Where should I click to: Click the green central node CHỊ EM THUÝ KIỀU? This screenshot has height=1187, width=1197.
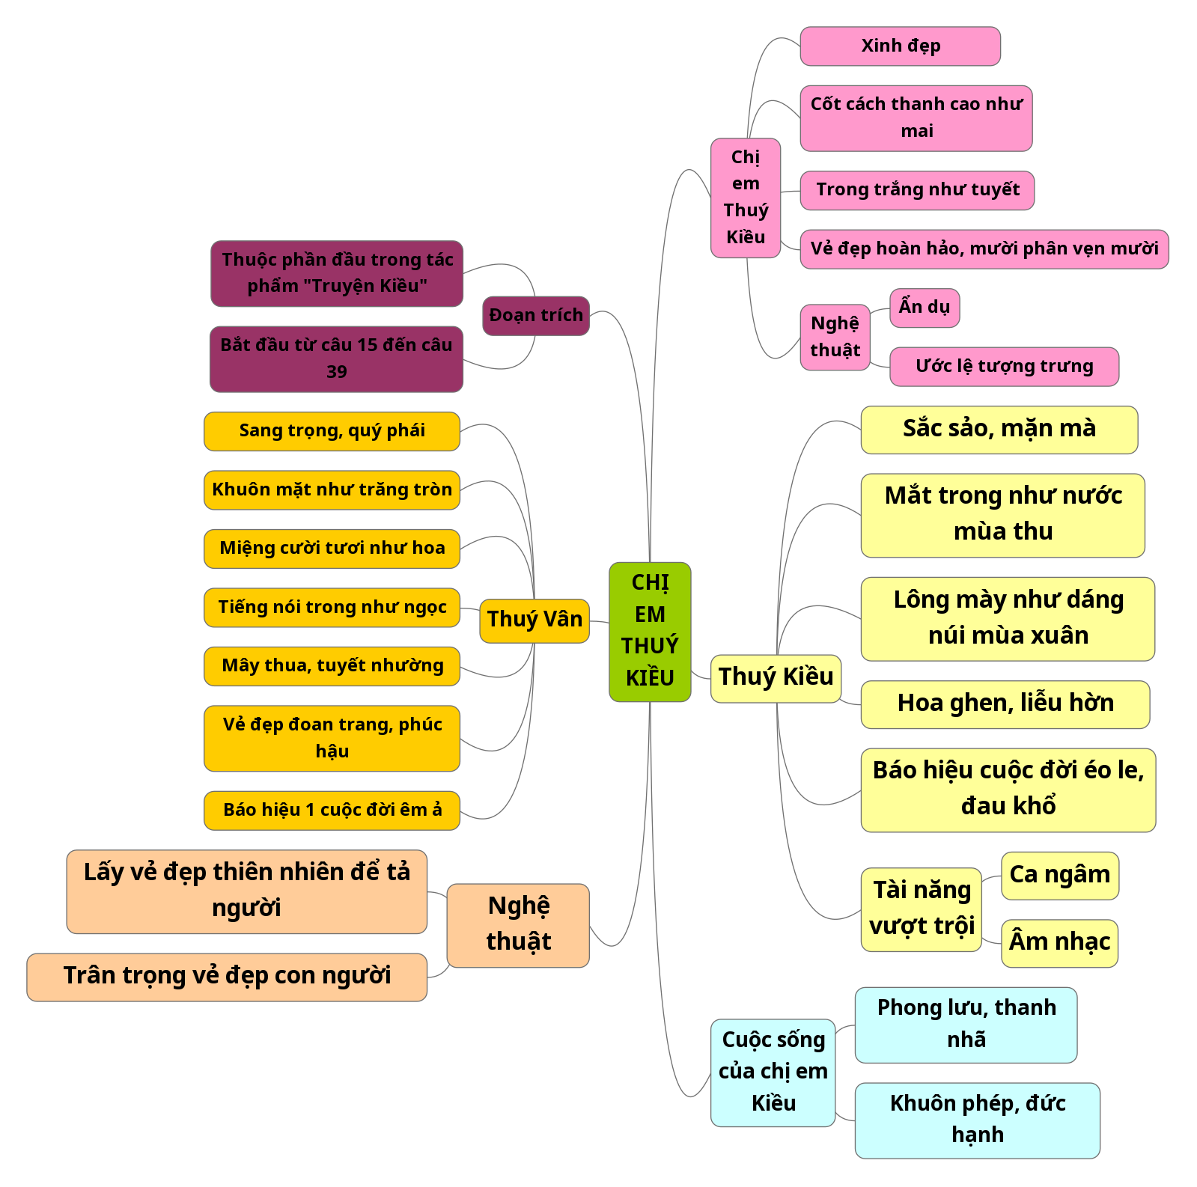[x=650, y=632]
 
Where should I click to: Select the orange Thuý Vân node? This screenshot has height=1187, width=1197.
[x=534, y=620]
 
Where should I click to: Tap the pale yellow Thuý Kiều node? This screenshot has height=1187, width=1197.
[x=776, y=678]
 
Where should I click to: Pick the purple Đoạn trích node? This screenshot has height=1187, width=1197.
[x=536, y=316]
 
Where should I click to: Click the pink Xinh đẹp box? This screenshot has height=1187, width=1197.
[x=900, y=46]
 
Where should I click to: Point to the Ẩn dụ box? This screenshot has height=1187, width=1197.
[x=925, y=308]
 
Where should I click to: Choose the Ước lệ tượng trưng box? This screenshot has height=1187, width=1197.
[x=1004, y=367]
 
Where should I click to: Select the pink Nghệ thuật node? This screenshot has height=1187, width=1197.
[x=835, y=338]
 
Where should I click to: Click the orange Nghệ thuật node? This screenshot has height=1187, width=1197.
[x=518, y=925]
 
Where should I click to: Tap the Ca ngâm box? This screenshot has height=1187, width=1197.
[x=1059, y=875]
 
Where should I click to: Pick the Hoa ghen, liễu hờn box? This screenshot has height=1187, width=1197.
[x=1005, y=704]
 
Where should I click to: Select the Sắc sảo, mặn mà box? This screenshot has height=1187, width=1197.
[x=999, y=430]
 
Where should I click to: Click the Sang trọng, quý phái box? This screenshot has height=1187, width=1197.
[x=332, y=431]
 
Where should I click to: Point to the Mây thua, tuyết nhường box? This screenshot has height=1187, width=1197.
[x=332, y=666]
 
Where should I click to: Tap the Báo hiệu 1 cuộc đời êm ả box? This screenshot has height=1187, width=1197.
[x=332, y=811]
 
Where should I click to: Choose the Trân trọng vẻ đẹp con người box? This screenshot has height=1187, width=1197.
[x=227, y=977]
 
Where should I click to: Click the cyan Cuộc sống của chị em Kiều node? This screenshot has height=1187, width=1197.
[x=773, y=1072]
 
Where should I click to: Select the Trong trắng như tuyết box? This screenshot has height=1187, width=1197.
[x=917, y=190]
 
